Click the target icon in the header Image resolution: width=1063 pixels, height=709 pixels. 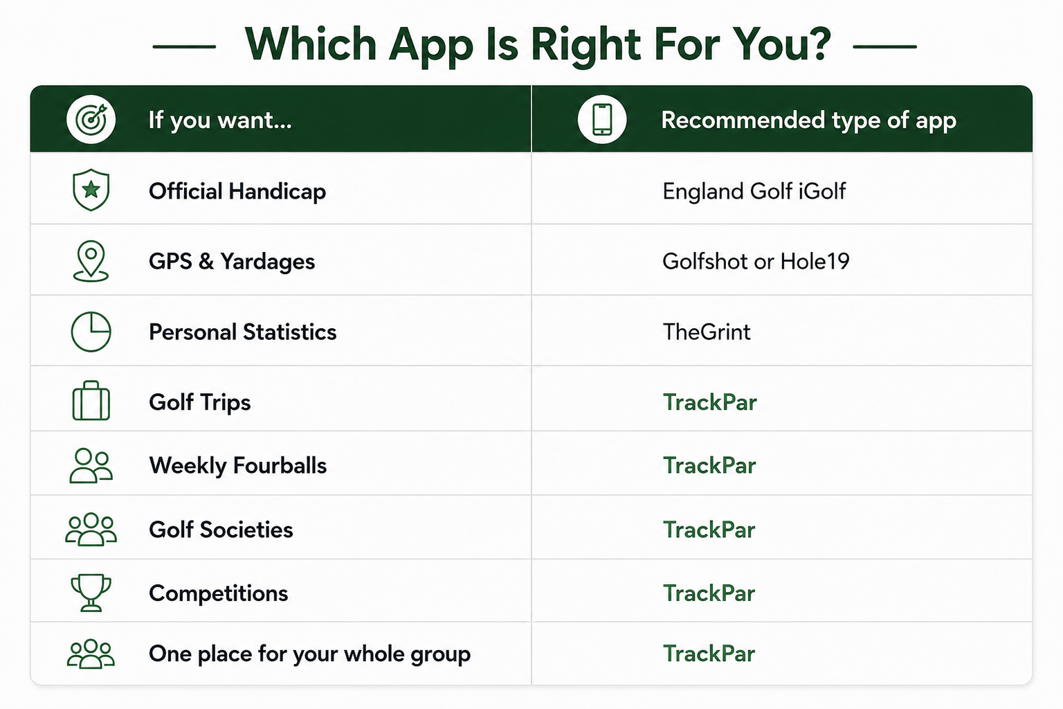click(x=91, y=119)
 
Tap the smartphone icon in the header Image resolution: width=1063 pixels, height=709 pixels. click(x=601, y=119)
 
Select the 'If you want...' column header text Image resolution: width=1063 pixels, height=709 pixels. click(x=220, y=120)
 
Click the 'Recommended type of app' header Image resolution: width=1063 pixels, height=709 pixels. click(x=808, y=120)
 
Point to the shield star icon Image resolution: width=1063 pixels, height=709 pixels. click(x=91, y=190)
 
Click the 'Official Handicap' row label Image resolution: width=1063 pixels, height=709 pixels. click(x=237, y=191)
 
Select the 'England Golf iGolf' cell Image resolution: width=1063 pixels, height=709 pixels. click(x=754, y=191)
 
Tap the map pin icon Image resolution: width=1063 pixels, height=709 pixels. click(x=91, y=261)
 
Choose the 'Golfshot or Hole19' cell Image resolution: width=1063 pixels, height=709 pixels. click(x=756, y=261)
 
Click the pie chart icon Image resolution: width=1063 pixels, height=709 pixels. click(x=91, y=332)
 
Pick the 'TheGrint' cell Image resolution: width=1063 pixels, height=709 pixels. click(x=707, y=332)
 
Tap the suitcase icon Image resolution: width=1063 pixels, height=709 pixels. click(x=91, y=401)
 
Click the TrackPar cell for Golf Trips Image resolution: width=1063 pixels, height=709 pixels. click(x=709, y=402)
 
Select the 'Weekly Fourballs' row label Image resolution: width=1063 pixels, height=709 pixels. click(x=238, y=465)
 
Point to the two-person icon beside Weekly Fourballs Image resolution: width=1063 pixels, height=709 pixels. click(x=91, y=465)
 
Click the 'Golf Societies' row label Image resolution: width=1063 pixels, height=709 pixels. click(x=221, y=530)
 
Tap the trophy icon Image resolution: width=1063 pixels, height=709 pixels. click(x=91, y=593)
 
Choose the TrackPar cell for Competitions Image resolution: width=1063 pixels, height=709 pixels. click(x=709, y=593)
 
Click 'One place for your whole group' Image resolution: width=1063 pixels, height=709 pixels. click(x=309, y=654)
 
